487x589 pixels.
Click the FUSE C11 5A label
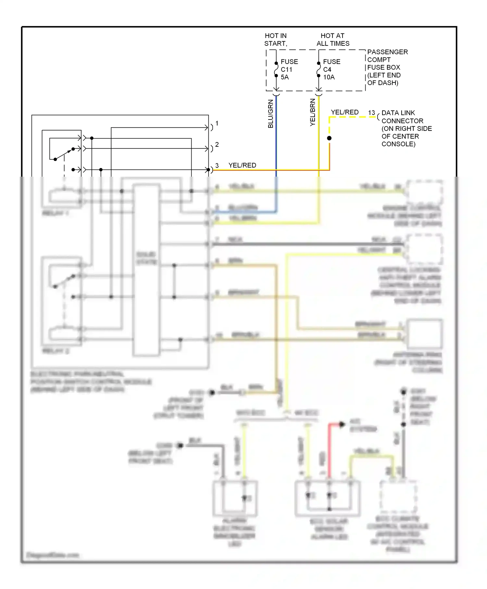click(x=289, y=69)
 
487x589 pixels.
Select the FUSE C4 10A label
click(x=331, y=69)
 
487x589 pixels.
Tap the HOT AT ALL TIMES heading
click(x=333, y=40)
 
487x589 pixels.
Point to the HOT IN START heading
click(x=276, y=40)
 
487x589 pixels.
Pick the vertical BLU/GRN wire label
click(x=271, y=114)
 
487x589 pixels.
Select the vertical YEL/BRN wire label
click(x=313, y=112)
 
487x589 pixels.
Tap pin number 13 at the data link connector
click(x=371, y=113)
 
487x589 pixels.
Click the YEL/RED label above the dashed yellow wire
click(x=344, y=112)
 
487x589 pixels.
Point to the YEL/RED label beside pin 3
click(x=242, y=165)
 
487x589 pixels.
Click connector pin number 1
click(x=217, y=123)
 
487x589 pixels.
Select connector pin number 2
click(x=217, y=144)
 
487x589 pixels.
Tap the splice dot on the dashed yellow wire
click(x=329, y=138)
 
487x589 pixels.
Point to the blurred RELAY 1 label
click(x=55, y=213)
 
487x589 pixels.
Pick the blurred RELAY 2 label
click(x=56, y=351)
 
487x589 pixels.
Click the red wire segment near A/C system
click(x=329, y=448)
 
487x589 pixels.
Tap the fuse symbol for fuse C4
click(x=318, y=69)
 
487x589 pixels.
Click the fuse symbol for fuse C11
click(x=276, y=69)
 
